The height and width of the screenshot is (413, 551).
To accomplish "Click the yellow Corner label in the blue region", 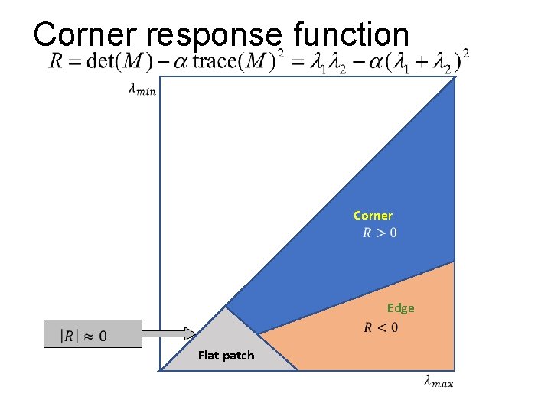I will pyautogui.click(x=373, y=216).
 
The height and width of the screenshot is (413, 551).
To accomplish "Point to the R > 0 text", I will pyautogui.click(x=380, y=233).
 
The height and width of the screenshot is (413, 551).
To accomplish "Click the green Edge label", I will pyautogui.click(x=400, y=308).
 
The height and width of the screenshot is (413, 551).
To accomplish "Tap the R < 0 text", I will pyautogui.click(x=380, y=328).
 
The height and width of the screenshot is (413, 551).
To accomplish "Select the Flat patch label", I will pyautogui.click(x=226, y=355).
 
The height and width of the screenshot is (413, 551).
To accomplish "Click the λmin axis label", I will pyautogui.click(x=142, y=90).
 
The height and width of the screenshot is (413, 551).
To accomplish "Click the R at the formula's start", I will pyautogui.click(x=56, y=62).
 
